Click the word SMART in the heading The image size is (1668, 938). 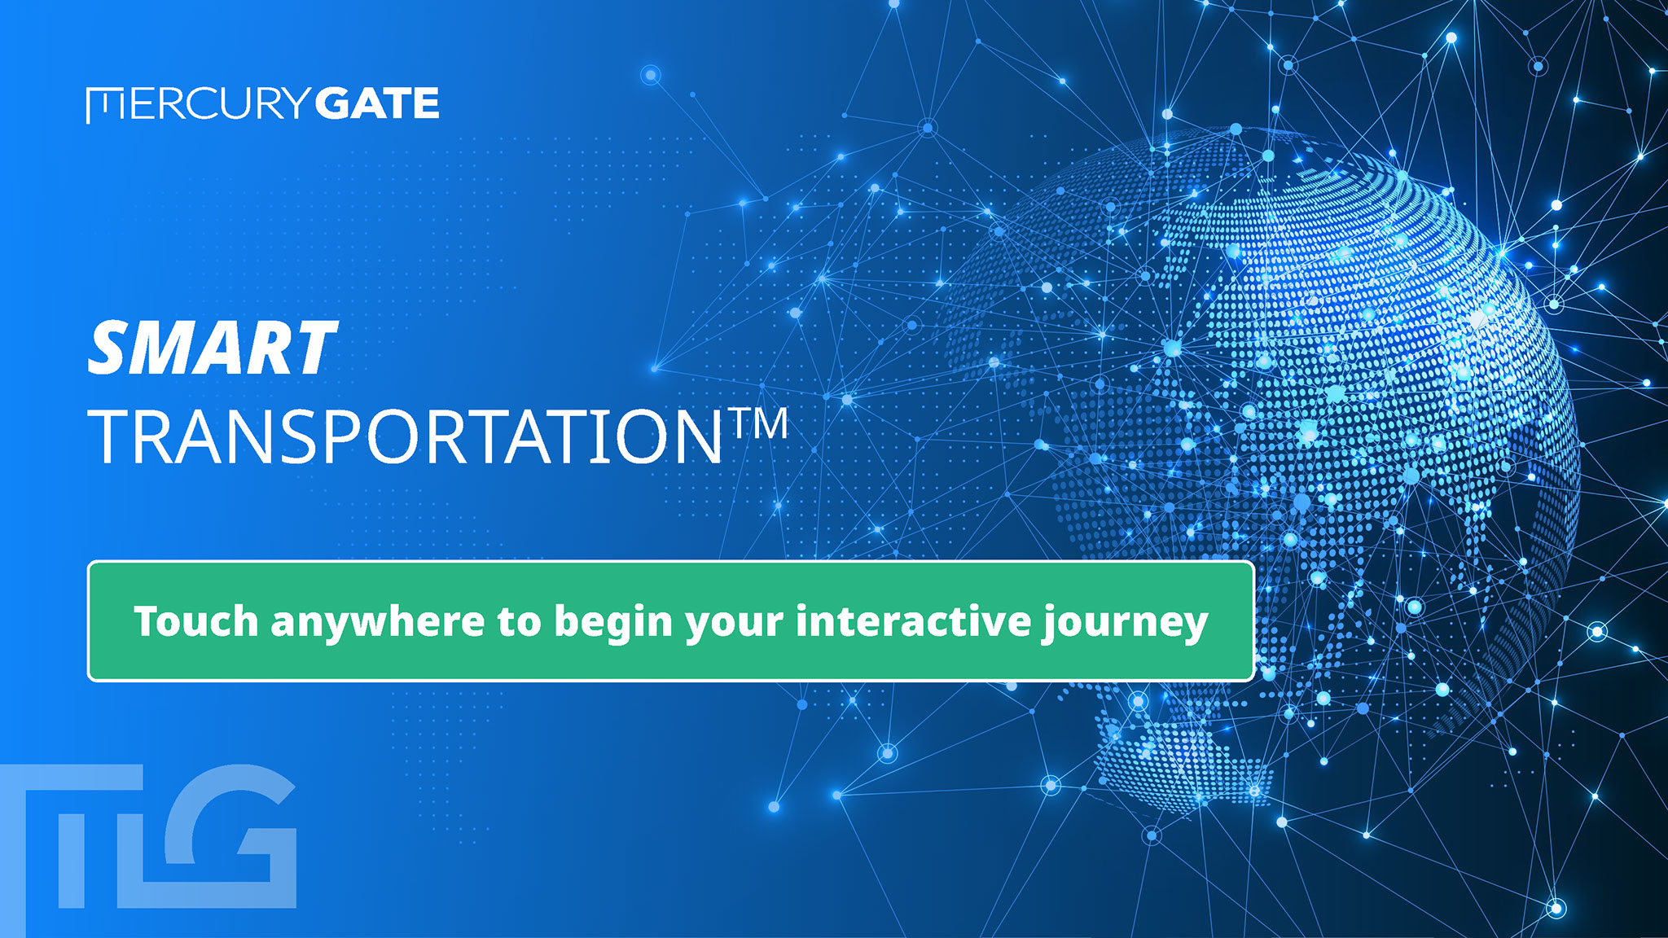pyautogui.click(x=212, y=348)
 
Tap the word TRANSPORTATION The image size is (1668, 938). pyautogui.click(x=405, y=437)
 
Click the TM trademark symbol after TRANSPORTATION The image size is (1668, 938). pyautogui.click(x=758, y=423)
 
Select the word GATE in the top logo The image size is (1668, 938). pyautogui.click(x=377, y=103)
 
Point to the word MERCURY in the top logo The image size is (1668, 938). pyautogui.click(x=199, y=104)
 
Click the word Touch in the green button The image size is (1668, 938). pyautogui.click(x=196, y=621)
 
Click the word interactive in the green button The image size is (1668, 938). pyautogui.click(x=914, y=621)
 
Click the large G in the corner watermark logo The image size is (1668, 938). pyautogui.click(x=230, y=835)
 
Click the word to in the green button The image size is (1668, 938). pyautogui.click(x=519, y=623)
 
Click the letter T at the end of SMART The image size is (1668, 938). pyautogui.click(x=314, y=348)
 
